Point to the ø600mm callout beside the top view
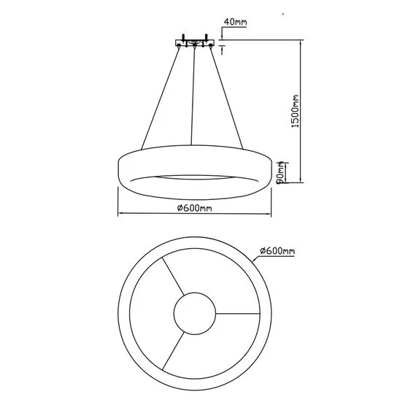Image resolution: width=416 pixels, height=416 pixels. pyautogui.click(x=278, y=250)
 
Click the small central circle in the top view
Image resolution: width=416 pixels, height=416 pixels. pyautogui.click(x=195, y=314)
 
